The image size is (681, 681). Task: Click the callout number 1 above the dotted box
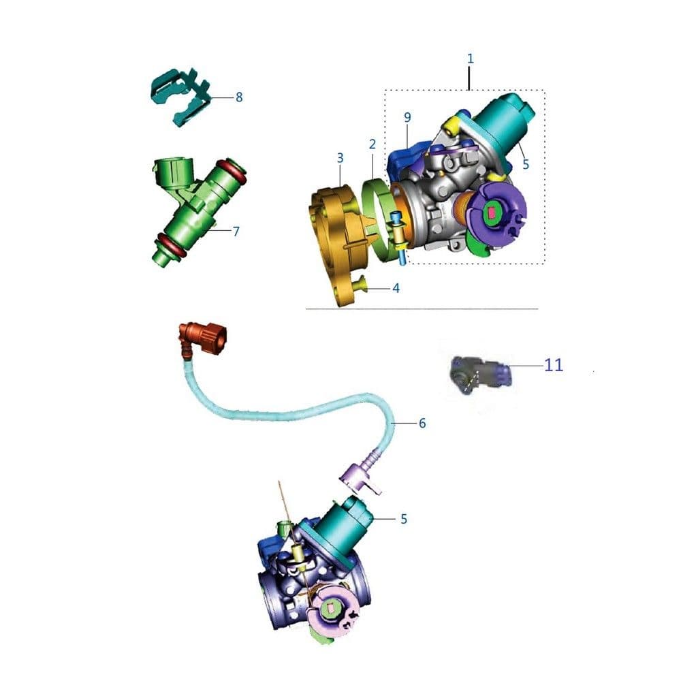click(471, 59)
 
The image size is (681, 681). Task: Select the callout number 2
click(373, 144)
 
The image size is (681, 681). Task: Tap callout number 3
click(340, 158)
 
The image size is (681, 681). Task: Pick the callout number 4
click(396, 288)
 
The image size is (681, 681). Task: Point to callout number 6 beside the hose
click(422, 423)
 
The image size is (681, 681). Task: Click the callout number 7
click(236, 231)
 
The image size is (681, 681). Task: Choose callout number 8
click(239, 97)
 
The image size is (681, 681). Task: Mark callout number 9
click(407, 117)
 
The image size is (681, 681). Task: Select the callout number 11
click(554, 365)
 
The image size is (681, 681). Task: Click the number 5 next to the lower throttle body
click(404, 519)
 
